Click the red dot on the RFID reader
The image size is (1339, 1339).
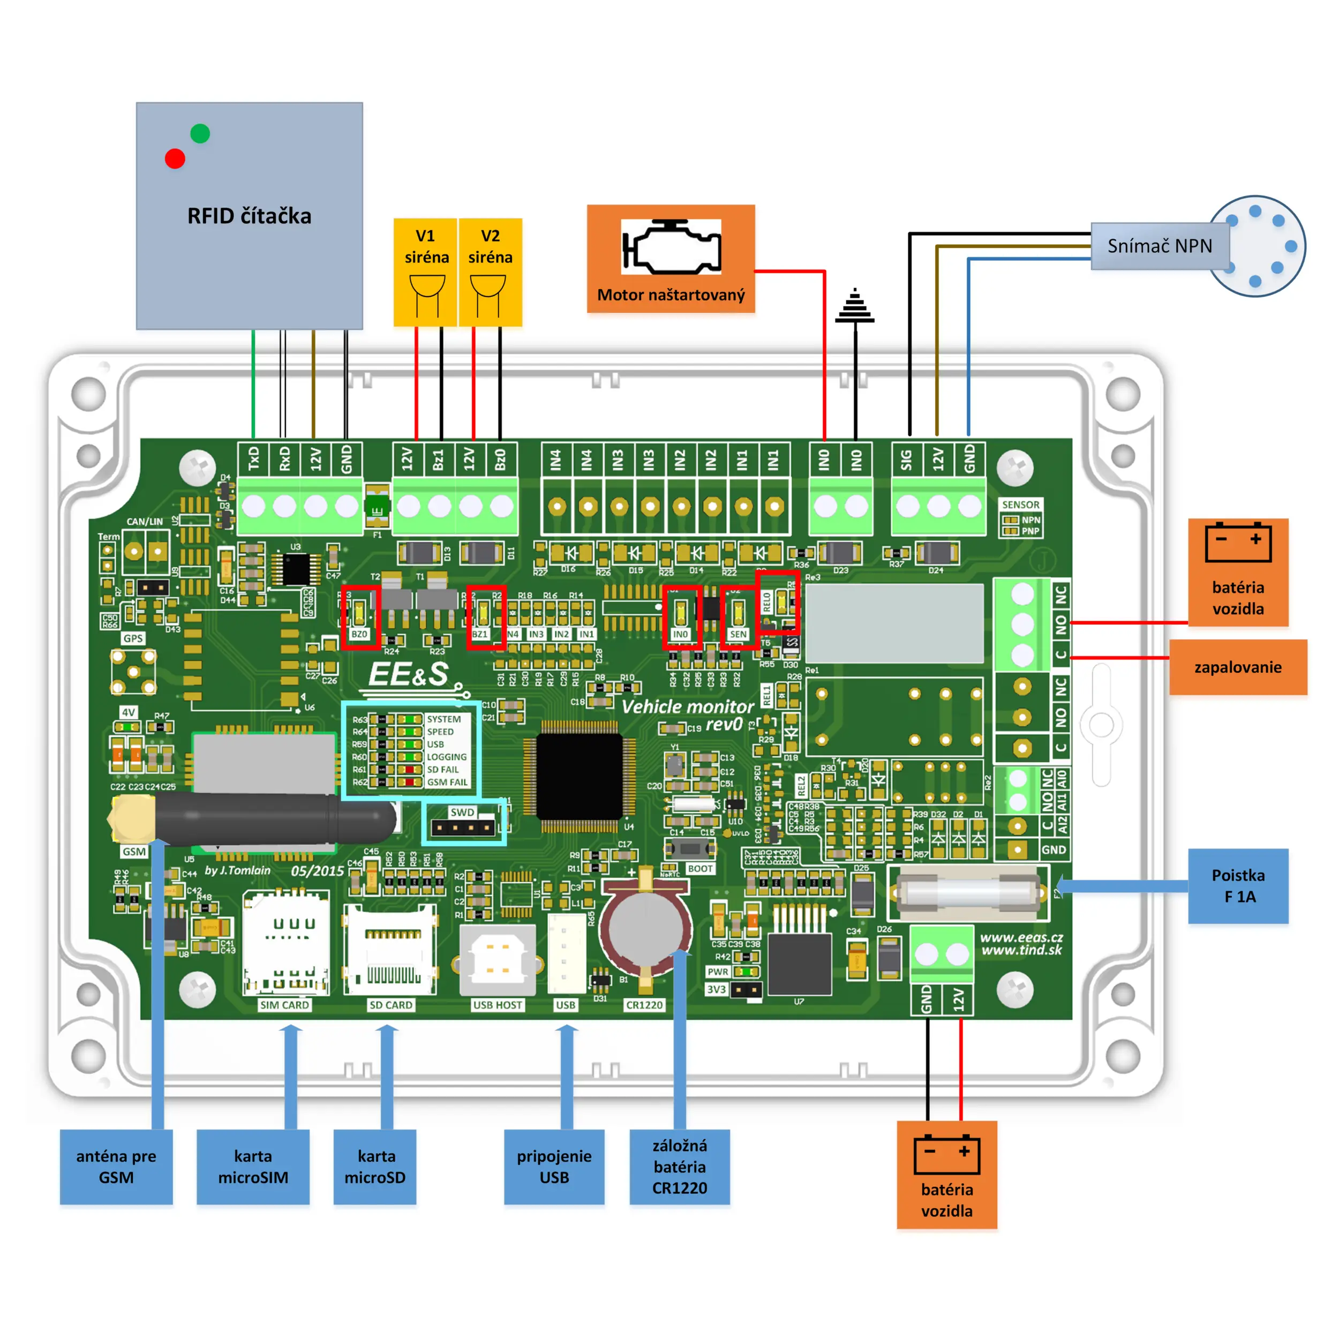(175, 159)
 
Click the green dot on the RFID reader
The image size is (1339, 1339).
(200, 133)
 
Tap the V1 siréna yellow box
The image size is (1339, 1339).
(426, 272)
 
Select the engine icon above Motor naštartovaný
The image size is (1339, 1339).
(671, 247)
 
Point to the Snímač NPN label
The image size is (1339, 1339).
(1160, 246)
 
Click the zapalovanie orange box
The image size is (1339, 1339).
(1237, 667)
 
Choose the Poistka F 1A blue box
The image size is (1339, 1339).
(1238, 886)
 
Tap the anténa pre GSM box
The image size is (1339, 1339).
(116, 1167)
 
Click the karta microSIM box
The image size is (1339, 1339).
(253, 1167)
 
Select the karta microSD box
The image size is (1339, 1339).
(375, 1167)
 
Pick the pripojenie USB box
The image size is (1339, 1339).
(554, 1167)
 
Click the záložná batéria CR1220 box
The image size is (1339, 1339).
(679, 1167)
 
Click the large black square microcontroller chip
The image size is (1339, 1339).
(580, 775)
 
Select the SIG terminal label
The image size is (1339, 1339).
(907, 460)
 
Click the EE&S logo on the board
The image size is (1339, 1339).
(409, 674)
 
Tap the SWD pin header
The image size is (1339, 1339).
(463, 827)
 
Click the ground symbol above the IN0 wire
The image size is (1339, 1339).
(855, 306)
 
